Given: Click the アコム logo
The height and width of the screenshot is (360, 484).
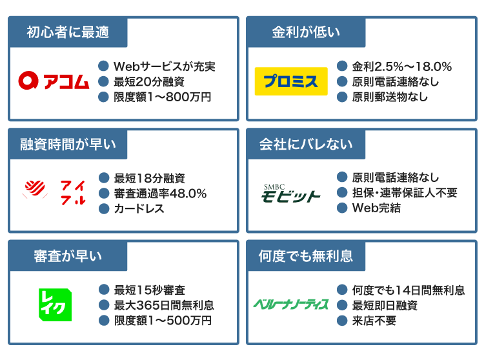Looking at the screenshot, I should (54, 81).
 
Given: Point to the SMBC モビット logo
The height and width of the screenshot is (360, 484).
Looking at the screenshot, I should (290, 193).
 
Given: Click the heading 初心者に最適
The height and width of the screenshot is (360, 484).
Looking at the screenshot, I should (68, 32).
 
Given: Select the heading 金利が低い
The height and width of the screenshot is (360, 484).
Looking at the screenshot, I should (306, 32).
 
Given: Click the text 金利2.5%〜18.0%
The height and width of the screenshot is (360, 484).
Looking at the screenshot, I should (401, 66).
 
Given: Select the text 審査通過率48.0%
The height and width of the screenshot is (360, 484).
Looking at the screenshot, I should (160, 194).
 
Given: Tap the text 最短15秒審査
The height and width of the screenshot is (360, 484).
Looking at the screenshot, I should (149, 290).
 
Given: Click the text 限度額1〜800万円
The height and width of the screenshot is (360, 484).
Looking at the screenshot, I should (162, 97).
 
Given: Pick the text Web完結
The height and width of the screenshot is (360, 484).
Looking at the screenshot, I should (376, 208).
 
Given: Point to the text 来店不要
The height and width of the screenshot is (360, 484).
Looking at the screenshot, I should (374, 321).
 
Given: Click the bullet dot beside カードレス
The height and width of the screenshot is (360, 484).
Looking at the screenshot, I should (103, 209).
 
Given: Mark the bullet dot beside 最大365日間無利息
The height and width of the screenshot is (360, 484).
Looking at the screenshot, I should (103, 305).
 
